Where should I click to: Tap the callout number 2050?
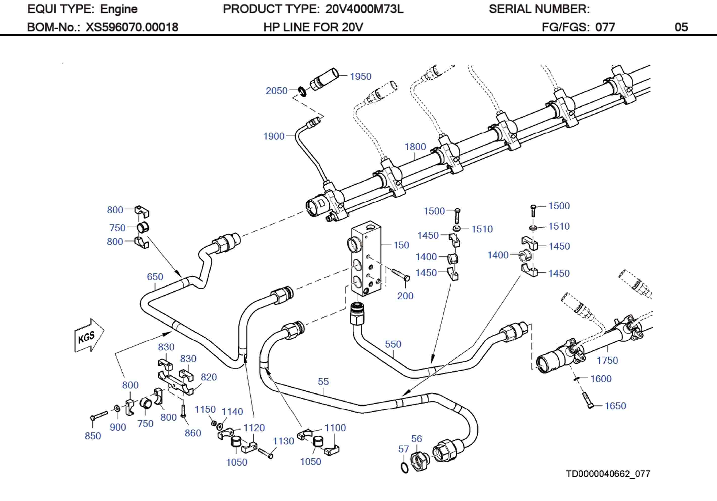[276, 91]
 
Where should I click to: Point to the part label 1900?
[274, 136]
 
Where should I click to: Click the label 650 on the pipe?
[155, 277]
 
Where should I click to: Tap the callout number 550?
[393, 344]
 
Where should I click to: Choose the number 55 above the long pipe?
[323, 381]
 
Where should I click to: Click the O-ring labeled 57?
[404, 468]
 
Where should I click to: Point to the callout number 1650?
[615, 406]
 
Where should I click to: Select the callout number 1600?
[601, 379]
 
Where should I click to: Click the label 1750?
[607, 360]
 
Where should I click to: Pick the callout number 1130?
[283, 441]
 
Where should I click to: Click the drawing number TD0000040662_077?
[608, 474]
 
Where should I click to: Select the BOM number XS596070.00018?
[132, 27]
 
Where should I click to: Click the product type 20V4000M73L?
[364, 9]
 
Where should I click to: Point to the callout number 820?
[208, 377]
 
